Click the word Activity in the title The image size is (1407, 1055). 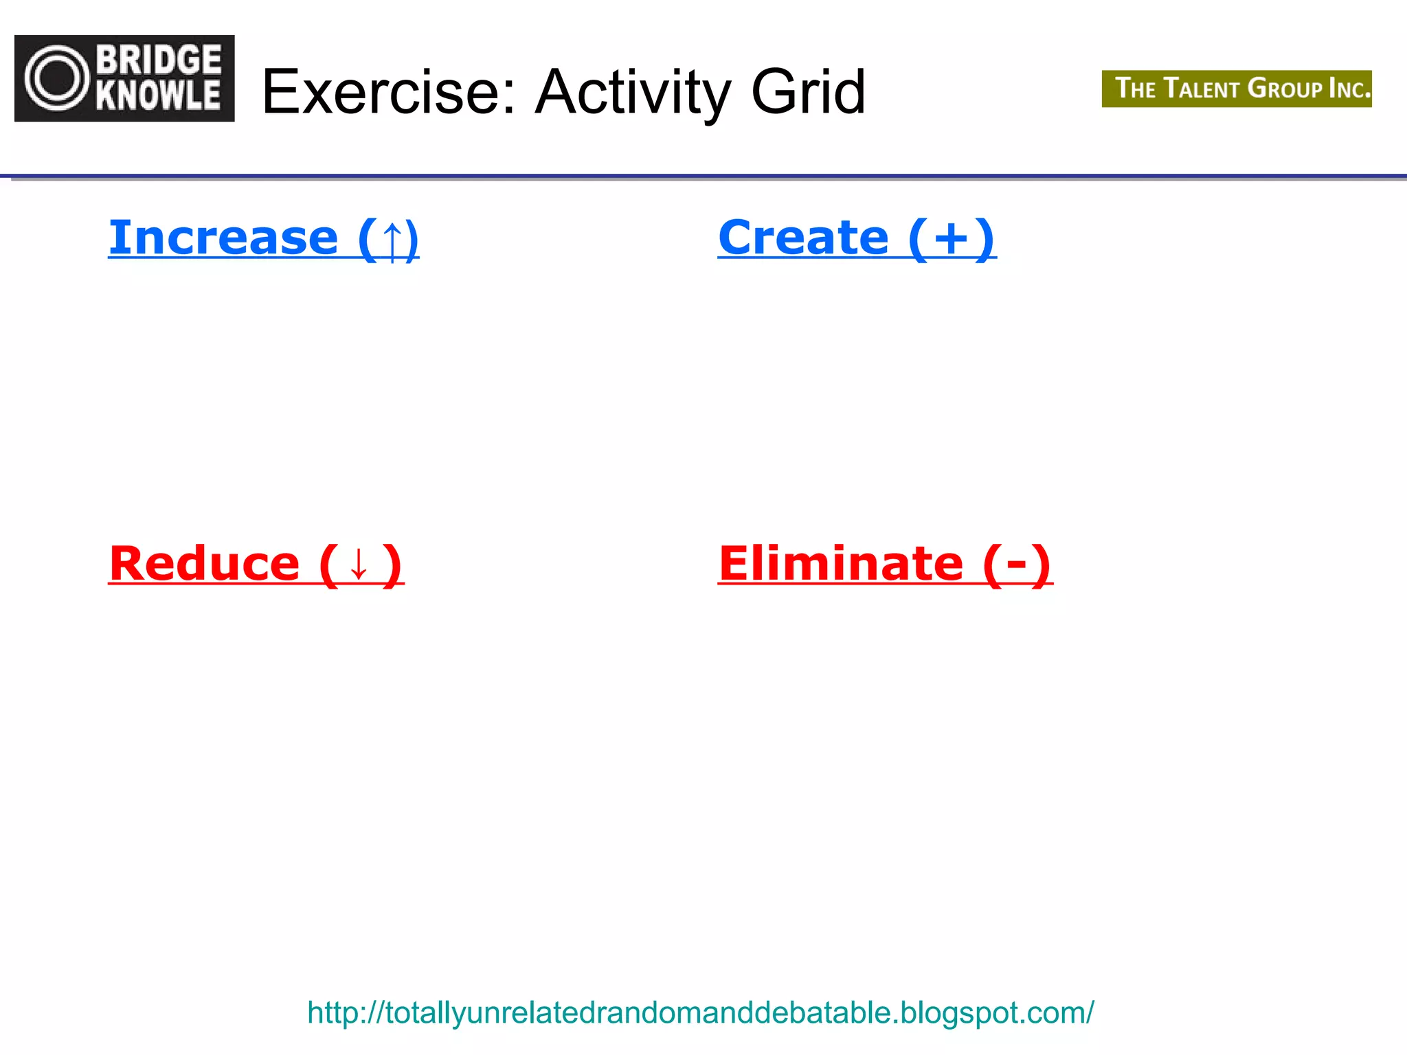point(632,93)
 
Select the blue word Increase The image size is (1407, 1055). point(223,238)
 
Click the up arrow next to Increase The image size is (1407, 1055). point(392,240)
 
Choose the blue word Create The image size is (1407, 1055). point(803,238)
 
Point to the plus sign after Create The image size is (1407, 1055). point(952,239)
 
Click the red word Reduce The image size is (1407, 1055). point(204,564)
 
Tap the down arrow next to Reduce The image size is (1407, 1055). point(359,565)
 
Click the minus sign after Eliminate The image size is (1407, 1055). point(1017,565)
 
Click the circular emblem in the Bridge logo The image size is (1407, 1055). point(57,78)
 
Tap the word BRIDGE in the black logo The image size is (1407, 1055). point(159,60)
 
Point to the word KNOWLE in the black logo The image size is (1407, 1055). point(159,95)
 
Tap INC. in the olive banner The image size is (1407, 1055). point(1349,89)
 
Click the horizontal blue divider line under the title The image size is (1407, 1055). point(703,177)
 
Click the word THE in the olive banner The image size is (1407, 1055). point(1135,89)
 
